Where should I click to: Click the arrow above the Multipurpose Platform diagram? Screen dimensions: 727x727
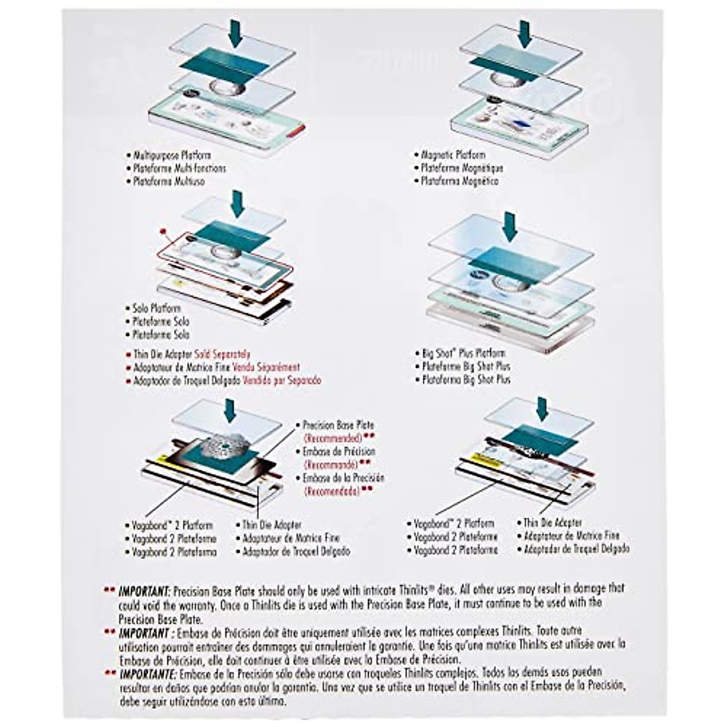pyautogui.click(x=236, y=32)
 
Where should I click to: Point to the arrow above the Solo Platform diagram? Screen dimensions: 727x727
pyautogui.click(x=237, y=203)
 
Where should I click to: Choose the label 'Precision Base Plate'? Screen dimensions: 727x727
pyautogui.click(x=338, y=425)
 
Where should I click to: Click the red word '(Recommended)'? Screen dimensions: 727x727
pyautogui.click(x=332, y=438)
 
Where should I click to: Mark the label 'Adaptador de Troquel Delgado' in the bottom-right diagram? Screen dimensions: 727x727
pyautogui.click(x=576, y=549)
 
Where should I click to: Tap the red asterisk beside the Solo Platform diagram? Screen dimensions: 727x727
pyautogui.click(x=162, y=231)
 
